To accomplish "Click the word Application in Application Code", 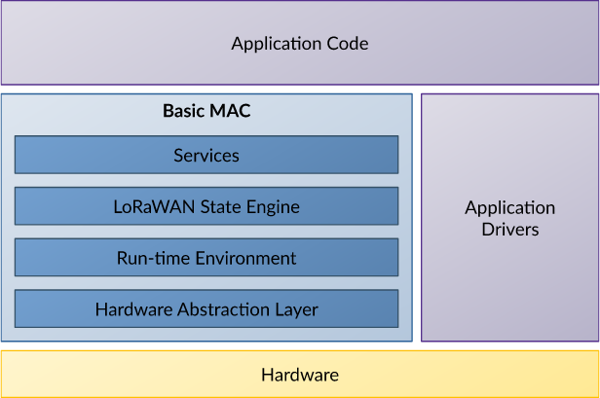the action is (x=276, y=45).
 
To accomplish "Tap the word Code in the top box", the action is (x=348, y=43).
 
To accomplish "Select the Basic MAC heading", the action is (x=206, y=111).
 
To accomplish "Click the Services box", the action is (x=206, y=155).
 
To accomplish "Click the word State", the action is (x=221, y=207).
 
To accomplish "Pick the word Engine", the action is (x=273, y=208).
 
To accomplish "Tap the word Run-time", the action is (x=153, y=258).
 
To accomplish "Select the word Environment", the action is (x=245, y=258).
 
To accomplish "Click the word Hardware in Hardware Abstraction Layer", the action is (x=133, y=309).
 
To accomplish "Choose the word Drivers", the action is (x=510, y=230).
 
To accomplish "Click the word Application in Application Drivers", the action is (x=510, y=209).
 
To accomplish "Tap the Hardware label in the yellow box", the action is (x=300, y=375).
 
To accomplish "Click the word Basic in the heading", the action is (x=184, y=111).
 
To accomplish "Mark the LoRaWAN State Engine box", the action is (x=206, y=205).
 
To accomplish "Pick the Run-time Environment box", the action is (x=206, y=257).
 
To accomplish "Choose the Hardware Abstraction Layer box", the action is (x=206, y=308).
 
